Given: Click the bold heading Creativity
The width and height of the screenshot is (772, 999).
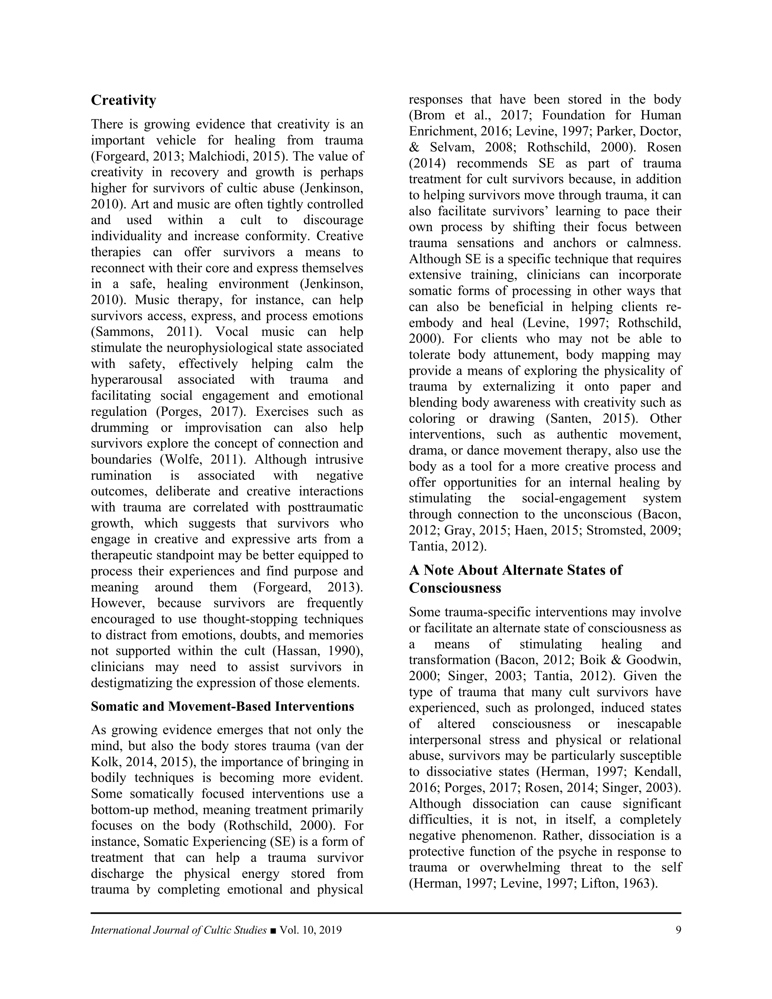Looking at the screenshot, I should (x=124, y=100).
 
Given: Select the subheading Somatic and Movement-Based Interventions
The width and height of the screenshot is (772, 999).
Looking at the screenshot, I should (x=222, y=707).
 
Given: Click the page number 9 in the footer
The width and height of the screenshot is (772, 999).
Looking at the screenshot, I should (x=678, y=930).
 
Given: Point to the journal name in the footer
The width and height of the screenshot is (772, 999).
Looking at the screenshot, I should (x=178, y=930).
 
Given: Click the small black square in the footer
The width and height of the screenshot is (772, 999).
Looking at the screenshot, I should (x=273, y=930).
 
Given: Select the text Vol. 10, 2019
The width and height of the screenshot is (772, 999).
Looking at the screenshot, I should (x=311, y=930).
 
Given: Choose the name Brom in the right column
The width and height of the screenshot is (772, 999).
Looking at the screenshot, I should (x=429, y=115).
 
